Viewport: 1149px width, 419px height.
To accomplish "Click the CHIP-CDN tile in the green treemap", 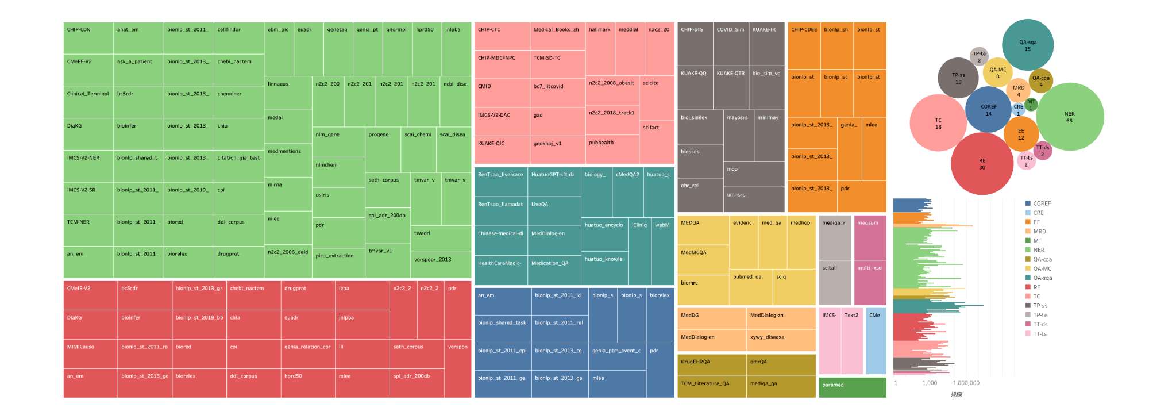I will (88, 38).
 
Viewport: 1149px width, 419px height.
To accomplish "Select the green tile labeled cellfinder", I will (238, 38).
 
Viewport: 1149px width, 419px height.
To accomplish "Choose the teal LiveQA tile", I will (554, 211).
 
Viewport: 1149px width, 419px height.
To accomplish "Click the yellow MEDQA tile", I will (703, 230).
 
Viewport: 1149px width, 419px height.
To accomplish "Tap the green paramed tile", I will (852, 387).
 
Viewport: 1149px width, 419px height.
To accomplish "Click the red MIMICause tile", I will (90, 353).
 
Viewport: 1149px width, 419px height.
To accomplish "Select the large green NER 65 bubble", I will (1069, 117).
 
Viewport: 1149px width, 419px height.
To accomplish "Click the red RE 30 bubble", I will (982, 164).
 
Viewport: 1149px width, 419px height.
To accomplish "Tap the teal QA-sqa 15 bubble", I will (1027, 45).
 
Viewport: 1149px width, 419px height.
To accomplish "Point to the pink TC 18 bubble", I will (938, 123).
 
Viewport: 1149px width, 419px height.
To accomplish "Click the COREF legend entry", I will (1041, 203).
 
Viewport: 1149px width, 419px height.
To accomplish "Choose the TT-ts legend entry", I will (1039, 333).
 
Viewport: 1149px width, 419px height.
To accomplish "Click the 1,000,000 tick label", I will (966, 383).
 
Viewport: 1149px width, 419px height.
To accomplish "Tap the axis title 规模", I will (956, 394).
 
